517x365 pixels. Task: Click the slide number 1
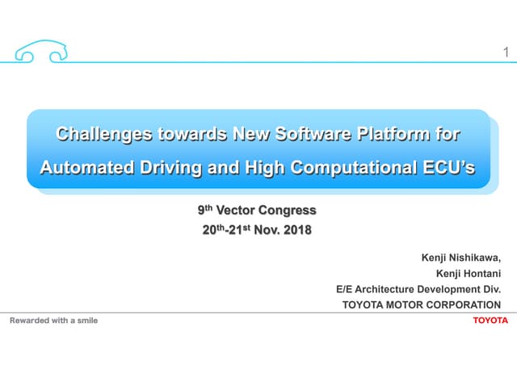(x=505, y=53)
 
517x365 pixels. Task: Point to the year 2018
(x=296, y=230)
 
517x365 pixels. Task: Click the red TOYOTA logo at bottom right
(x=491, y=321)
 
